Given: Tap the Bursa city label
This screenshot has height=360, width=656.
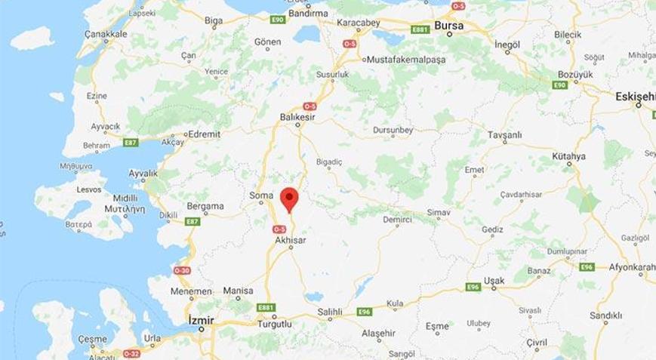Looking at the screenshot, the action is (x=449, y=26).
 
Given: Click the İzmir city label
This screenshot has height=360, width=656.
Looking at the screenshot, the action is (x=201, y=321).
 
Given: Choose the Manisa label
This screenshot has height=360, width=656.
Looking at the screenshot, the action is (x=238, y=291).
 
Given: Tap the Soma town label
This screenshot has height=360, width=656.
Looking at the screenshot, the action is (x=260, y=195).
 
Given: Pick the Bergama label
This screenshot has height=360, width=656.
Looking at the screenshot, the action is (x=205, y=206).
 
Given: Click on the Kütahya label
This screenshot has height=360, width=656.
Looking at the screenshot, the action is (x=568, y=156).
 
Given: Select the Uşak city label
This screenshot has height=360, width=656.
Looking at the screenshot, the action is (x=494, y=281).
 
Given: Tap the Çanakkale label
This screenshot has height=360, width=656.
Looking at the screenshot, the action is (x=106, y=33).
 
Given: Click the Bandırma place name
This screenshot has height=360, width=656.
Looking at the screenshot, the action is (x=308, y=13).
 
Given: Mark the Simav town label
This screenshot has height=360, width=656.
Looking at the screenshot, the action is (x=438, y=214).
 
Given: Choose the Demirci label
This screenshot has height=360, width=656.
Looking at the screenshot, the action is (x=398, y=219).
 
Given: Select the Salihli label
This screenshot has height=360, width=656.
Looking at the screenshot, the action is (x=329, y=312).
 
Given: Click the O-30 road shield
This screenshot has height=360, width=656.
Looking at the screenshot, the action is (x=182, y=270).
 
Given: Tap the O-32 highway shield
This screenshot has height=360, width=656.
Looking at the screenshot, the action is (x=131, y=352).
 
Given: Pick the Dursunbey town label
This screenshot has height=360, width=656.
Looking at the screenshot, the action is (x=393, y=130).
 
